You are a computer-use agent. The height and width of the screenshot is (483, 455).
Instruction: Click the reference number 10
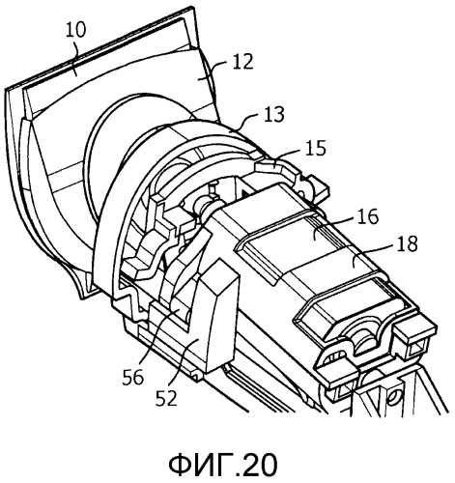tap(76, 31)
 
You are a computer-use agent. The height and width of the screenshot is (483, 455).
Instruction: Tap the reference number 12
tap(243, 62)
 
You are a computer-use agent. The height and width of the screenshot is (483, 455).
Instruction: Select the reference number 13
tap(274, 114)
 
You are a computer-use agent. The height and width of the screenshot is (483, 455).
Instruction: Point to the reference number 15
tap(316, 148)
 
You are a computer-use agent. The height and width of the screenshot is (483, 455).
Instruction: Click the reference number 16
tap(367, 217)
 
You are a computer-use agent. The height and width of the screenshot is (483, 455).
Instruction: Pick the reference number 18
tap(407, 243)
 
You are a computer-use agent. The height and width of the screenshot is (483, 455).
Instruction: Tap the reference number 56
tap(132, 377)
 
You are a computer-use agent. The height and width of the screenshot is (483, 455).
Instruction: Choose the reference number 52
tap(166, 398)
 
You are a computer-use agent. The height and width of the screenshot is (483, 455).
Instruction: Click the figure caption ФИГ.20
tap(223, 465)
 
